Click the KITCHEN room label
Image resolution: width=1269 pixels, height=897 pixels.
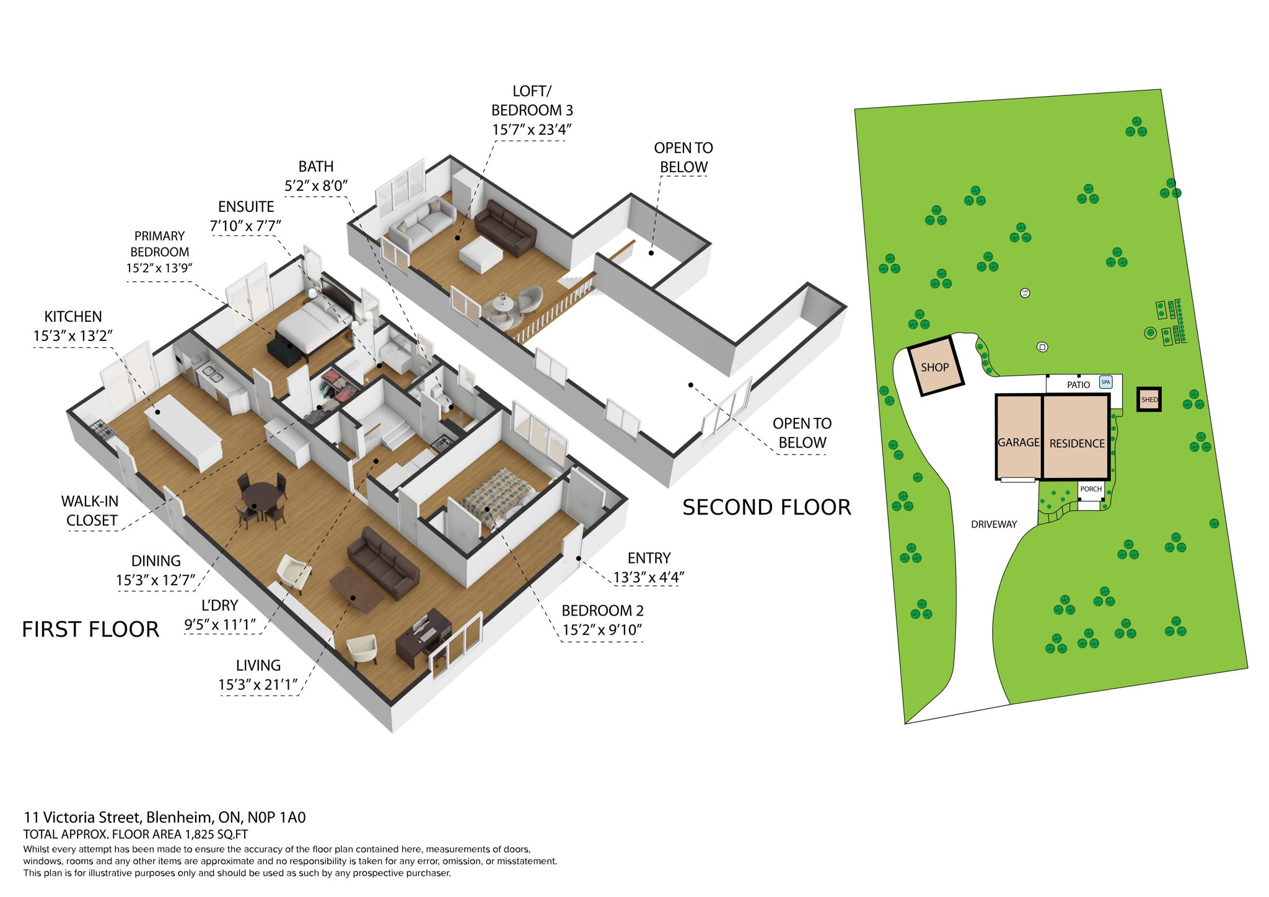tap(73, 317)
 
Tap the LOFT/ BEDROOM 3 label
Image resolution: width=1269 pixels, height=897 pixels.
tap(532, 101)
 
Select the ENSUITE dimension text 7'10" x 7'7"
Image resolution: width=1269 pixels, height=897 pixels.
tap(245, 226)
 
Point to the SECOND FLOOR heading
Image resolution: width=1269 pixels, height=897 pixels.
tap(766, 508)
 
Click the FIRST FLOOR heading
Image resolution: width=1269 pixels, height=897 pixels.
tap(90, 630)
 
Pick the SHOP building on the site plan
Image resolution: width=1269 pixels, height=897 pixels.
tap(935, 366)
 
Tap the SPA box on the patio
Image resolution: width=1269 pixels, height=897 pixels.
tap(1105, 382)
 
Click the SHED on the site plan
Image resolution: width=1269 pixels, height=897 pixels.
tap(1149, 400)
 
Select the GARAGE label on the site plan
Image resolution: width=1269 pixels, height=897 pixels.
tap(1018, 443)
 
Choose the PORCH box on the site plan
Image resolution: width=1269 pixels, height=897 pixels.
tap(1091, 490)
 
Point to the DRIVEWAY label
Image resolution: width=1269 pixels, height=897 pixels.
tap(994, 524)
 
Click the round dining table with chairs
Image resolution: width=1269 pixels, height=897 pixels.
tap(261, 497)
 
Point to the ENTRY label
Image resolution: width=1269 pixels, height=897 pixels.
tap(649, 558)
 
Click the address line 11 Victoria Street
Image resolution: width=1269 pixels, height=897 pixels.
tap(165, 818)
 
